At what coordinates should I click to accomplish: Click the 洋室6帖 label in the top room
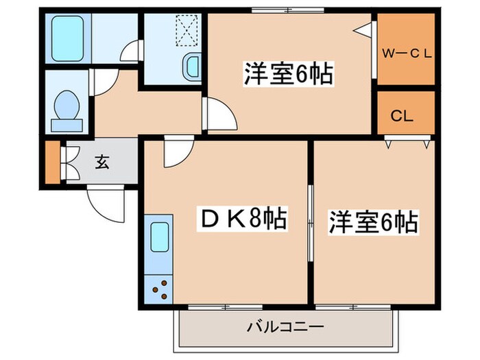click(x=288, y=74)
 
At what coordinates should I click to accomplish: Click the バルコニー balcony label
click(x=285, y=327)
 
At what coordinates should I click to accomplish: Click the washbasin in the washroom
click(x=192, y=67)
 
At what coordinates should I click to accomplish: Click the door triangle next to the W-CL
click(x=364, y=29)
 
